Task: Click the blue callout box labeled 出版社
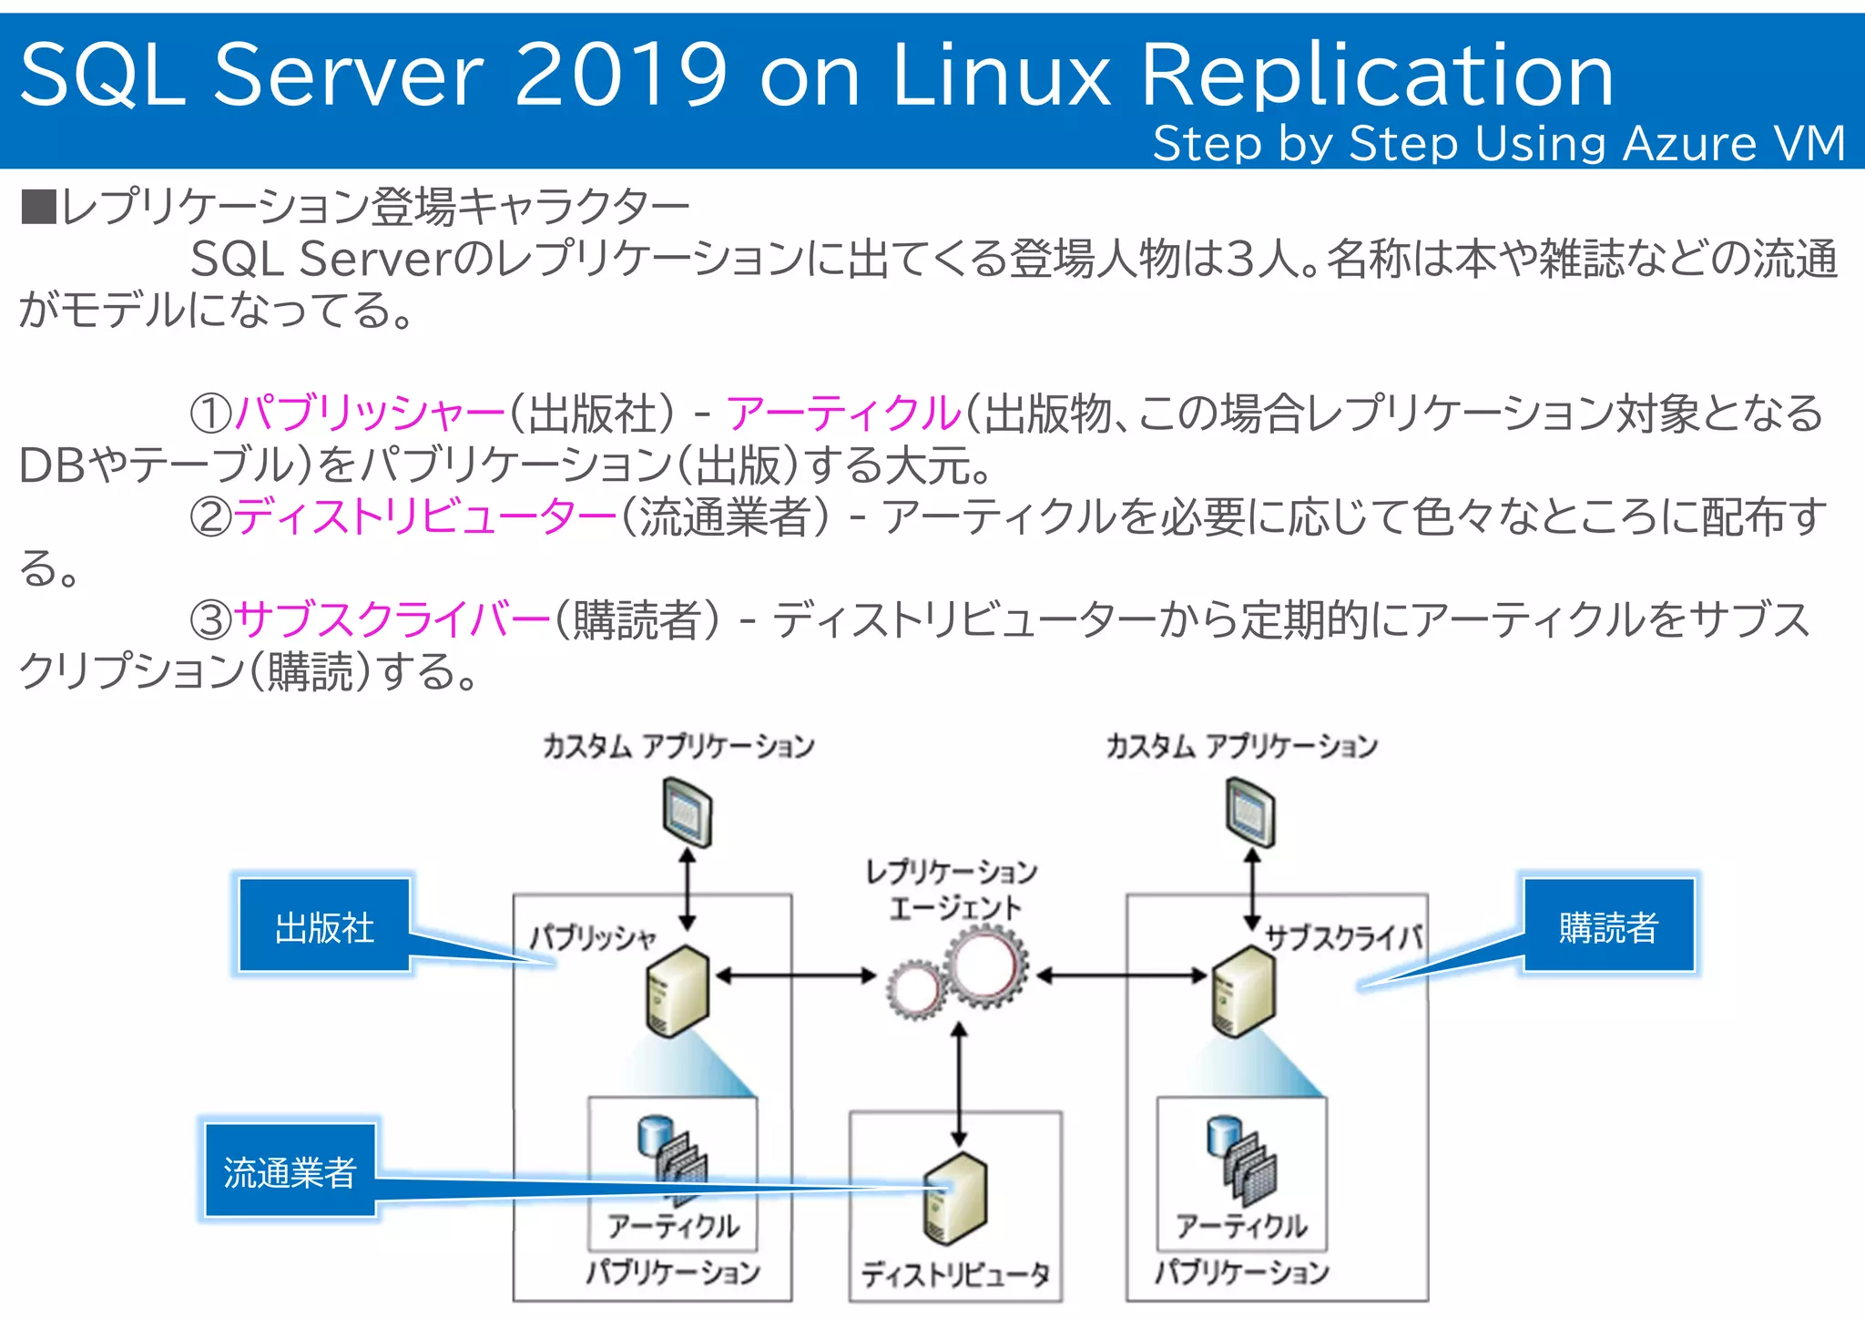click(x=324, y=927)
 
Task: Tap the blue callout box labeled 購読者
click(x=1608, y=927)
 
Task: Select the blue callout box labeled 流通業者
click(x=290, y=1172)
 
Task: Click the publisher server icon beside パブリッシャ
click(x=677, y=991)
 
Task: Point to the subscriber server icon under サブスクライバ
click(x=1243, y=991)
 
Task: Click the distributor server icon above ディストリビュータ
click(x=955, y=1199)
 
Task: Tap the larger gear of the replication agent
click(x=984, y=966)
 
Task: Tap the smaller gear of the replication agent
click(x=914, y=989)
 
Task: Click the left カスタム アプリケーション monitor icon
click(x=688, y=812)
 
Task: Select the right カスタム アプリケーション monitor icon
click(x=1250, y=812)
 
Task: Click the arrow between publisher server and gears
click(x=795, y=976)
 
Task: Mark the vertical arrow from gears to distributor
click(x=959, y=1084)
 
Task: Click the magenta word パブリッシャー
click(x=370, y=414)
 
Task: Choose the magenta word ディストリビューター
click(x=425, y=517)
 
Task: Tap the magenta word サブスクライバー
click(x=392, y=620)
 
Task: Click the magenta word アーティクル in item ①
click(x=843, y=414)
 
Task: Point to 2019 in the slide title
click(x=621, y=75)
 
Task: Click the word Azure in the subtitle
click(x=1689, y=144)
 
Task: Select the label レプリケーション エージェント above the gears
click(x=953, y=889)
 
